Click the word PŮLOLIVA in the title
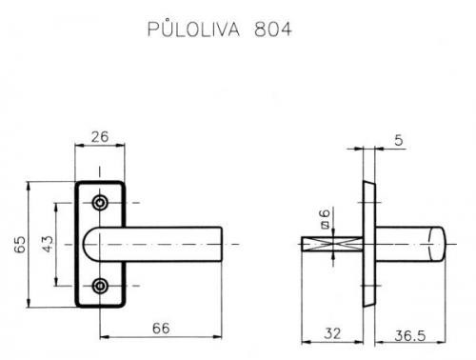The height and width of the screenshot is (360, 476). coord(193,30)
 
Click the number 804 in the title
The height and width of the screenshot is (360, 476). coord(273,30)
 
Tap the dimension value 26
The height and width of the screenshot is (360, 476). coord(100,137)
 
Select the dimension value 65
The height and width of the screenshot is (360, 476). coord(20,244)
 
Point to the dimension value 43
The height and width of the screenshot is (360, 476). coord(48,244)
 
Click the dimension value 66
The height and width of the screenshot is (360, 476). coord(161,329)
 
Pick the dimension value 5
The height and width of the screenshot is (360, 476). coord(399,140)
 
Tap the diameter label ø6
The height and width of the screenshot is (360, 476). coord(326,218)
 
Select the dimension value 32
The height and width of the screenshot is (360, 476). coord(332,333)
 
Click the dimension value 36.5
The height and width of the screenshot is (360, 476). coord(410,336)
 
